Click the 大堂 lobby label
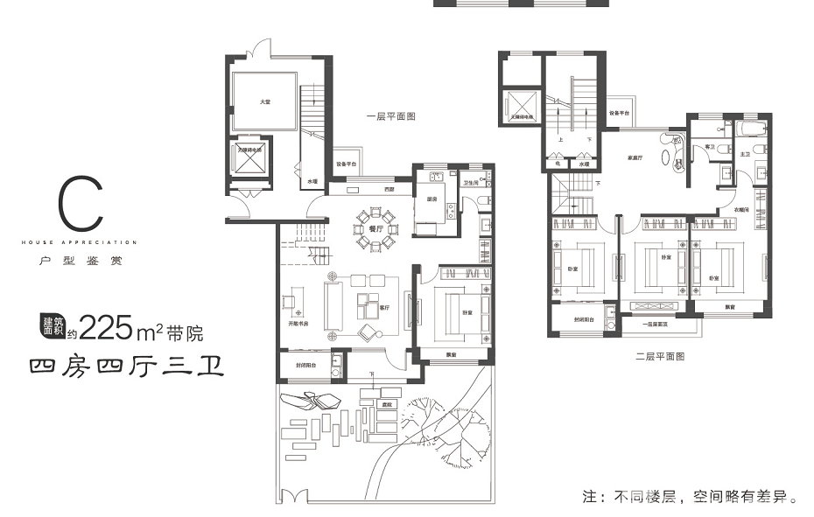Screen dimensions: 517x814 pyautogui.click(x=264, y=103)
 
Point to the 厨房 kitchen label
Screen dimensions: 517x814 pyautogui.click(x=432, y=198)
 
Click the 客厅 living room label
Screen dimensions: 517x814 pyautogui.click(x=382, y=307)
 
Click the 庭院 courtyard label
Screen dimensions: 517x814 pyautogui.click(x=385, y=404)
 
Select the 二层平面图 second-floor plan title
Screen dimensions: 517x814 pyautogui.click(x=659, y=356)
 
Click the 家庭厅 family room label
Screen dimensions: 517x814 pyautogui.click(x=635, y=158)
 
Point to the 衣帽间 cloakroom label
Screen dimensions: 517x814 pyautogui.click(x=732, y=209)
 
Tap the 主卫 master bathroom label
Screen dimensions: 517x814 pyautogui.click(x=746, y=154)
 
